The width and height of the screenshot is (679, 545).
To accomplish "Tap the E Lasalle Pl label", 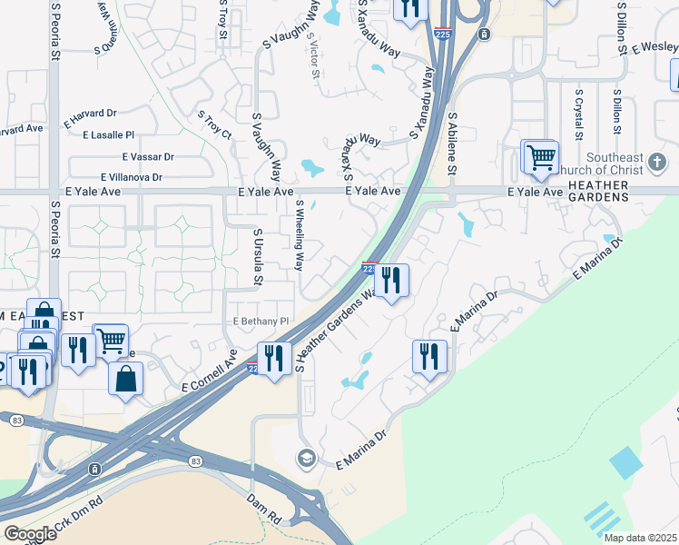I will tap(108, 134).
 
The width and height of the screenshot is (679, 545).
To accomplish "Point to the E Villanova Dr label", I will tap(132, 177).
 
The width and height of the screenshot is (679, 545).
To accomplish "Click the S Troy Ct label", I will tap(215, 124).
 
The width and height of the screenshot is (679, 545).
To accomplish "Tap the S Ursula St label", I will tap(257, 257).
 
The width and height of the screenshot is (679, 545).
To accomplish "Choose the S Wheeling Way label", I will tap(299, 239).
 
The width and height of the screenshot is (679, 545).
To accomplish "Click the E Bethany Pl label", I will tap(261, 322).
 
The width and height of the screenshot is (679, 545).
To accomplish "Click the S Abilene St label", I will tap(452, 144).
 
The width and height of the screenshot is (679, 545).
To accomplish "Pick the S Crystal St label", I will tap(578, 114).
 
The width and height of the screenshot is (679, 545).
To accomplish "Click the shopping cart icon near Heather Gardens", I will tap(541, 157).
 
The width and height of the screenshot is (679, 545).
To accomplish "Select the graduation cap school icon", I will tap(306, 457).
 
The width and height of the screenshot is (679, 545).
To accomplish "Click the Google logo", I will tap(30, 534).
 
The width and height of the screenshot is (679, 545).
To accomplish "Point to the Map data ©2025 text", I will tap(640, 538).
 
